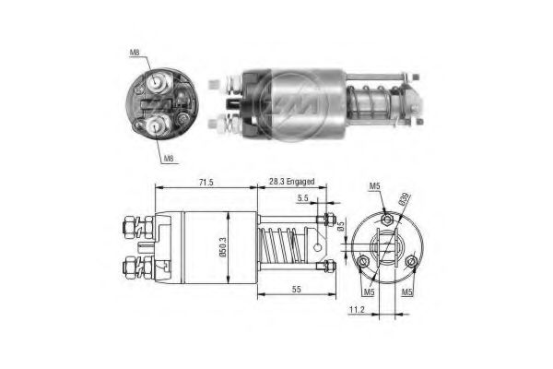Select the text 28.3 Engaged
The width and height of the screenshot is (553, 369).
tap(293, 184)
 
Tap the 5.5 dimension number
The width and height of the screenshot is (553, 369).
tap(302, 198)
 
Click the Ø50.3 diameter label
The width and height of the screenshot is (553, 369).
tap(225, 246)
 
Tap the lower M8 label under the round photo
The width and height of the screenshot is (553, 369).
tap(169, 158)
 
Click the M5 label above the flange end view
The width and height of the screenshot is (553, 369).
tap(375, 187)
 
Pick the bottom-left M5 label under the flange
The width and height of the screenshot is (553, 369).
tap(369, 292)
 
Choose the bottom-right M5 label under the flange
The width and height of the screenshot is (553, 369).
tap(406, 292)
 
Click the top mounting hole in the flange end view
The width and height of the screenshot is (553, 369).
tap(388, 220)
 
